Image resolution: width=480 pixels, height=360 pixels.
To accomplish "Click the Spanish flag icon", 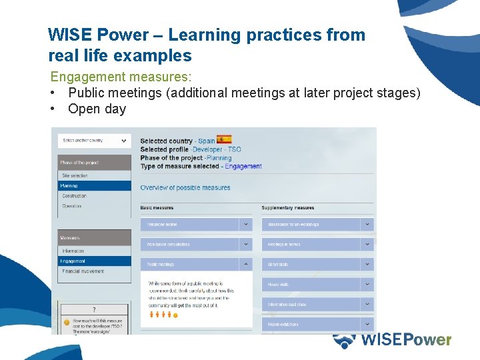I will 224,140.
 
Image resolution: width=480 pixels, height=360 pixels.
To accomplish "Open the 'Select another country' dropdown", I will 94,141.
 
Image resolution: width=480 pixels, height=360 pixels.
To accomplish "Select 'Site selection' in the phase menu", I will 75,176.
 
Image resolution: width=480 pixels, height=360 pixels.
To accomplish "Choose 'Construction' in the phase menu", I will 75,196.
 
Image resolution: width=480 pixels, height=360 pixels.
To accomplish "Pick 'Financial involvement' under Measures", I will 83,271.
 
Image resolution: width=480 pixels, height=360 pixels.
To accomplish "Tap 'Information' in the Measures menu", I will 73,251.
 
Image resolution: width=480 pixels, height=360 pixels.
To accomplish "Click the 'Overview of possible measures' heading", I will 185,188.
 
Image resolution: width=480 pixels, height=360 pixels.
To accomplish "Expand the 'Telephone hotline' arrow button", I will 246,225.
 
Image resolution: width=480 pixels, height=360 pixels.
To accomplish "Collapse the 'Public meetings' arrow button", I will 246,265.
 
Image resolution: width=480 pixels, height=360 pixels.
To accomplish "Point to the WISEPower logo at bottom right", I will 393,340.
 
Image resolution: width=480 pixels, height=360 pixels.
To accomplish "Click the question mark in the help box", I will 94,309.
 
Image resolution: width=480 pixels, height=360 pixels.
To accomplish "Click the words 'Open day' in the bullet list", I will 97,109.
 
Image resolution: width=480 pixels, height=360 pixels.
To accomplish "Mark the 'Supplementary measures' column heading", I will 288,208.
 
